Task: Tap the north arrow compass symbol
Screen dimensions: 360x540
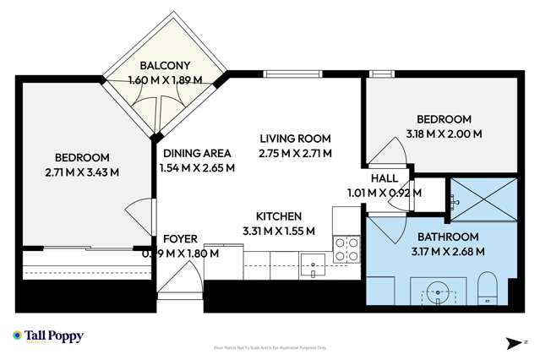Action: click(x=513, y=342)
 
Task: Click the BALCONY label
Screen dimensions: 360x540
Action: click(x=165, y=66)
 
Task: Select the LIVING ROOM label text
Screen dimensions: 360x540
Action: click(x=295, y=139)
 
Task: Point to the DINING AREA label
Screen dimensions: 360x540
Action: click(x=197, y=153)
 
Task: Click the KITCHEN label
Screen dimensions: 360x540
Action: click(x=278, y=216)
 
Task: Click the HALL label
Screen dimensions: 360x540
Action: click(x=384, y=178)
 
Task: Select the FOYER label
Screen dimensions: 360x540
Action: click(x=180, y=239)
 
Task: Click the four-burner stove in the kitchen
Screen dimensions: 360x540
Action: click(x=346, y=248)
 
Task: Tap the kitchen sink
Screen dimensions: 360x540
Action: click(x=313, y=265)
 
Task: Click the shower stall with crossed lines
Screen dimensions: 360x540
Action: click(x=480, y=200)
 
